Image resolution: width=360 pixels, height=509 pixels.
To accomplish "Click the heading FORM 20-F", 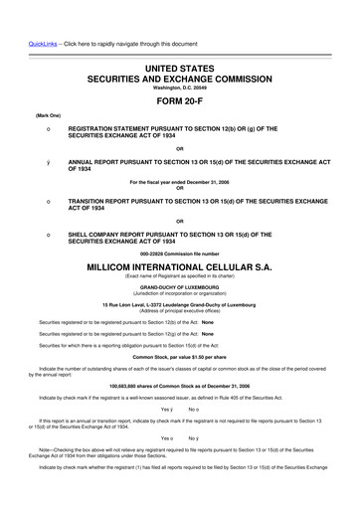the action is coord(180,100).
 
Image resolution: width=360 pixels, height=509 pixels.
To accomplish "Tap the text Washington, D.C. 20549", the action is coord(180,85).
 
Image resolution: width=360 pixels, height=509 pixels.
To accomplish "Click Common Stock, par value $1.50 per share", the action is coord(180,356).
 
